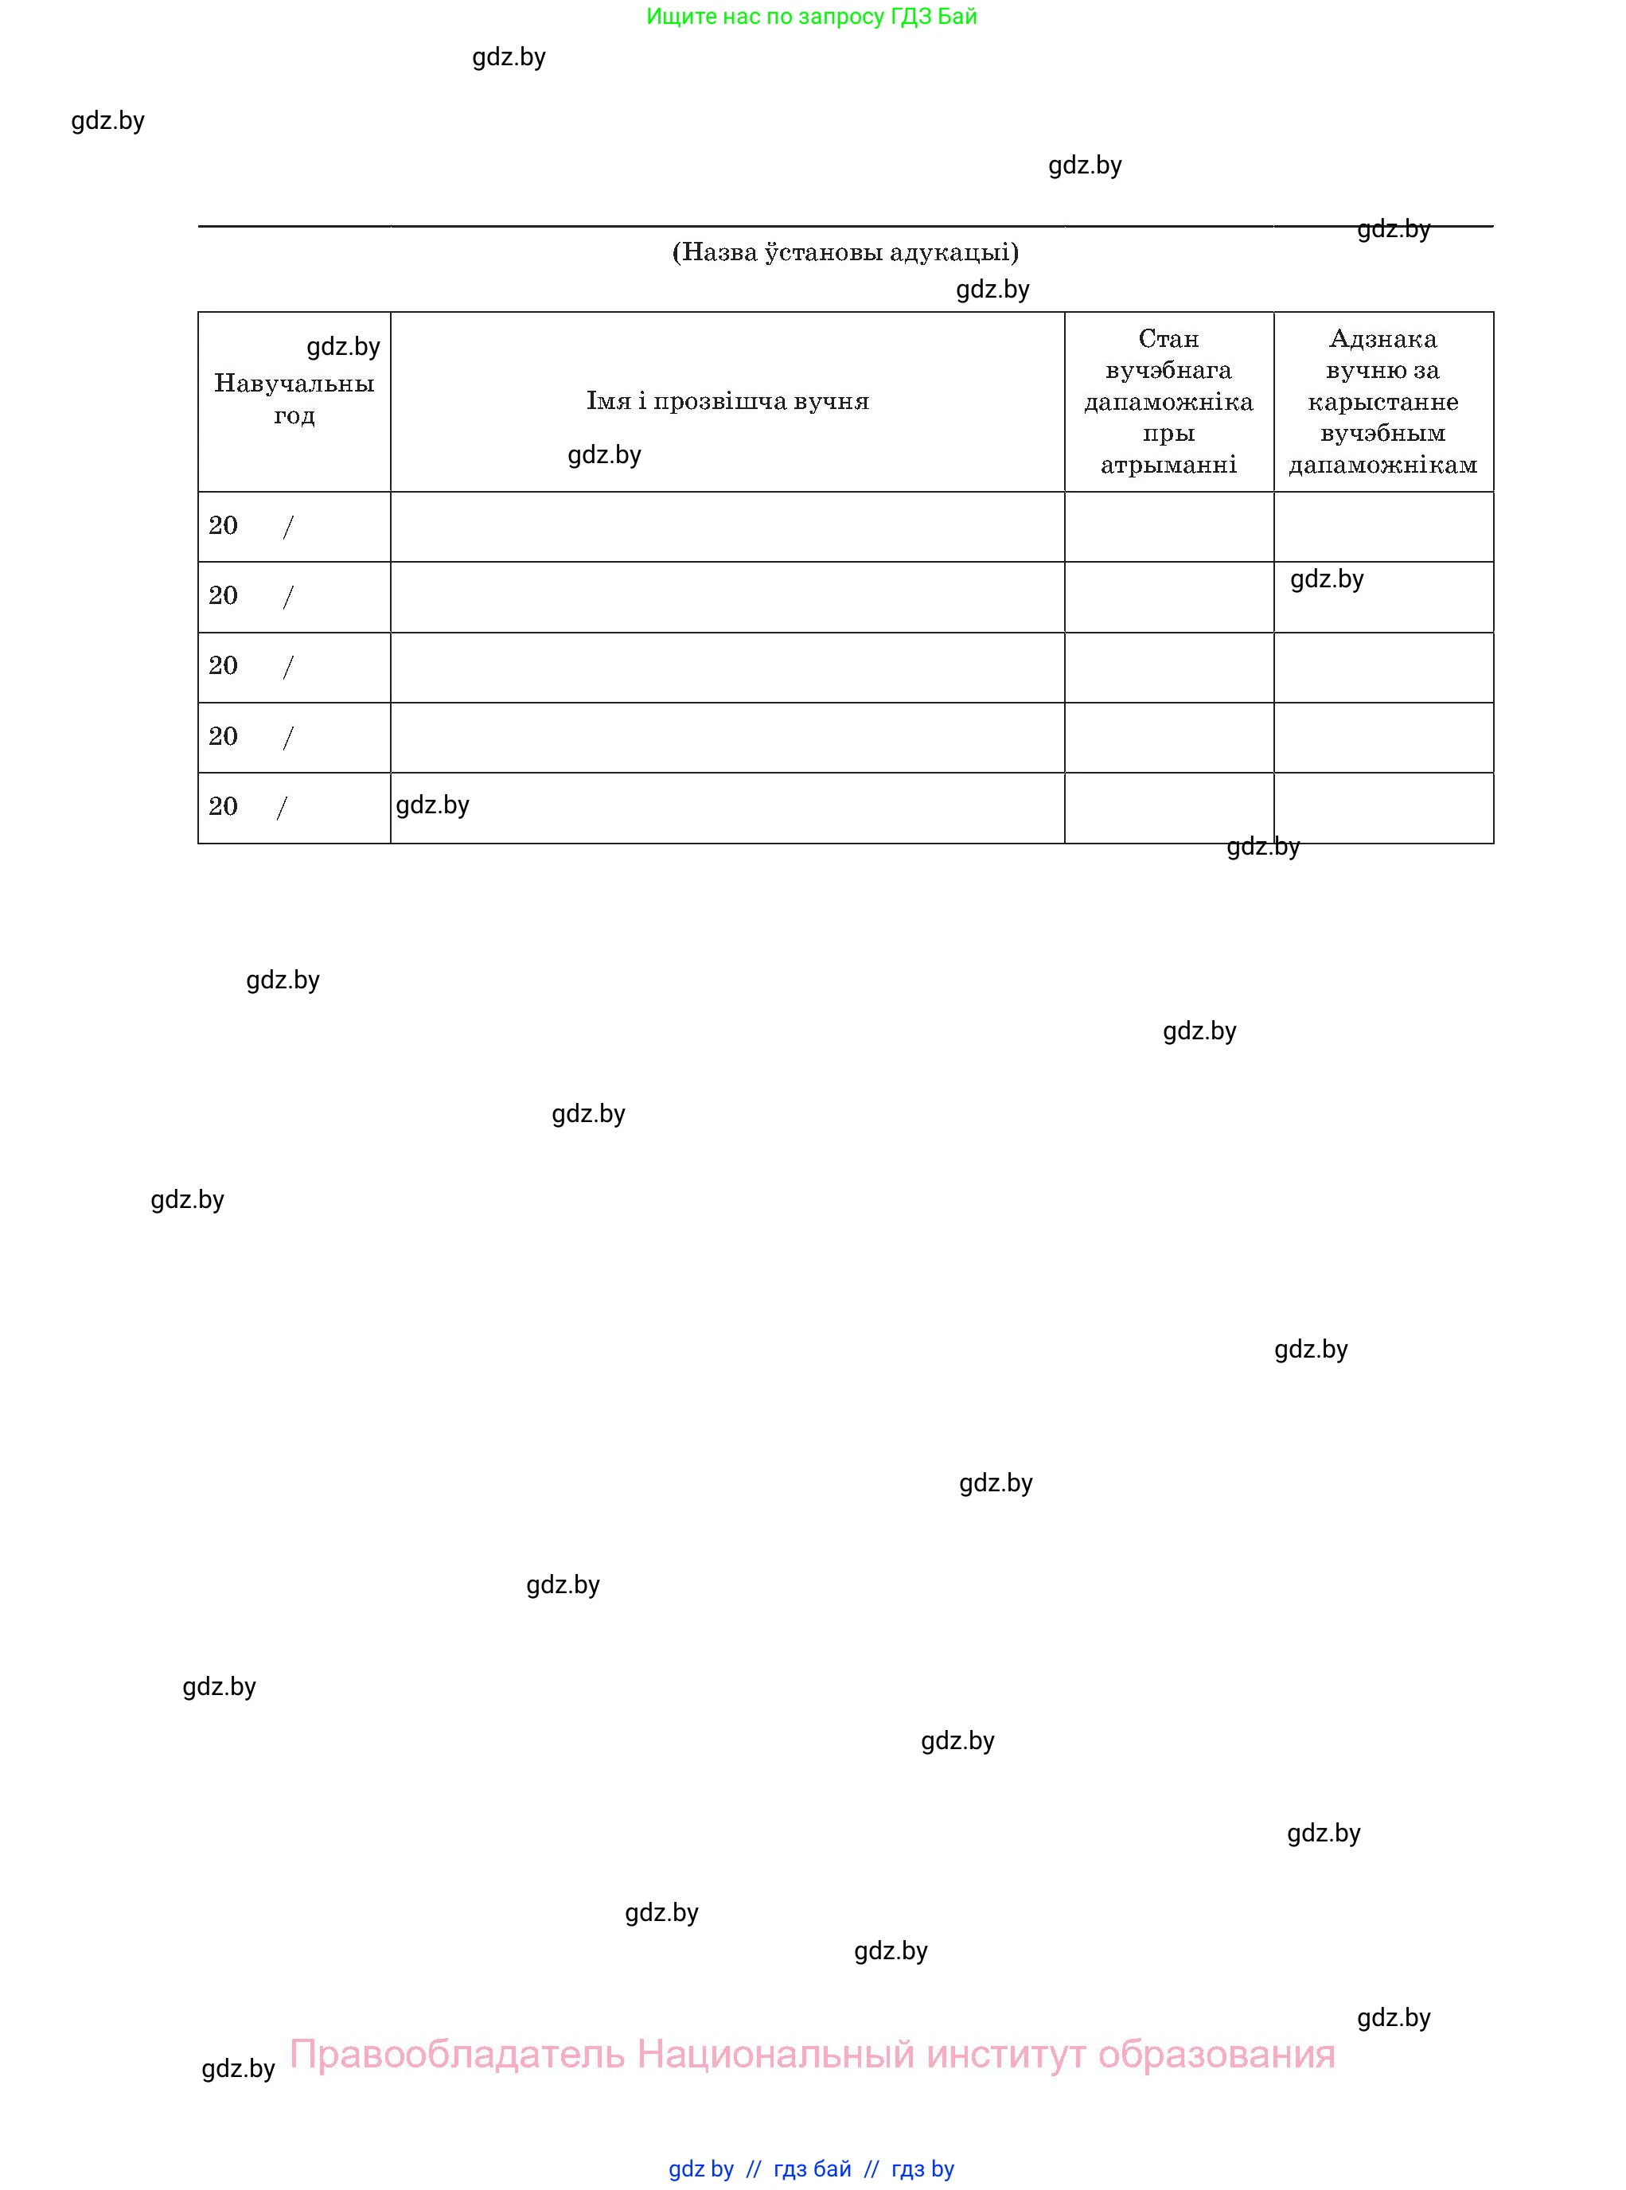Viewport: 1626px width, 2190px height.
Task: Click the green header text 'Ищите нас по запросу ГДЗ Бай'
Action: tap(811, 17)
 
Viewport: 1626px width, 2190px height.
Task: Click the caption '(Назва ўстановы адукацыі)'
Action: tap(844, 253)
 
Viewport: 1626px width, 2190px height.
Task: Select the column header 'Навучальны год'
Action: tap(294, 399)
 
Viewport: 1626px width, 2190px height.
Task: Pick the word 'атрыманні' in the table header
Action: tap(1168, 466)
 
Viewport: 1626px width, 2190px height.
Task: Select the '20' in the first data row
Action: tap(224, 525)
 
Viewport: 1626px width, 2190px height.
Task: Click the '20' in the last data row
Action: tap(224, 806)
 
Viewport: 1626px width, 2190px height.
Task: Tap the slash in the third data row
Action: tap(287, 668)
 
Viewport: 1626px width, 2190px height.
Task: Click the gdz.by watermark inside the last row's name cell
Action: tap(432, 805)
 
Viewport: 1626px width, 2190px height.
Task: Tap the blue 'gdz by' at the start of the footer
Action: tap(701, 2169)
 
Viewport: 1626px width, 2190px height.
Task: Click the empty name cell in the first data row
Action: tap(727, 527)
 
